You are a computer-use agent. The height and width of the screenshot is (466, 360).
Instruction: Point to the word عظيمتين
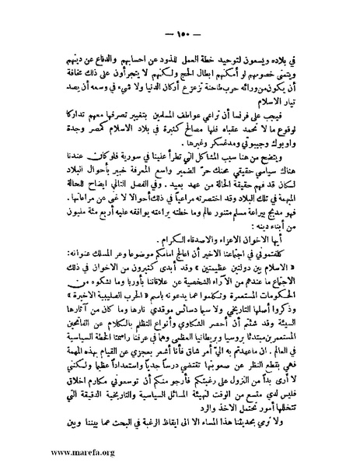(x=245, y=262)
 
